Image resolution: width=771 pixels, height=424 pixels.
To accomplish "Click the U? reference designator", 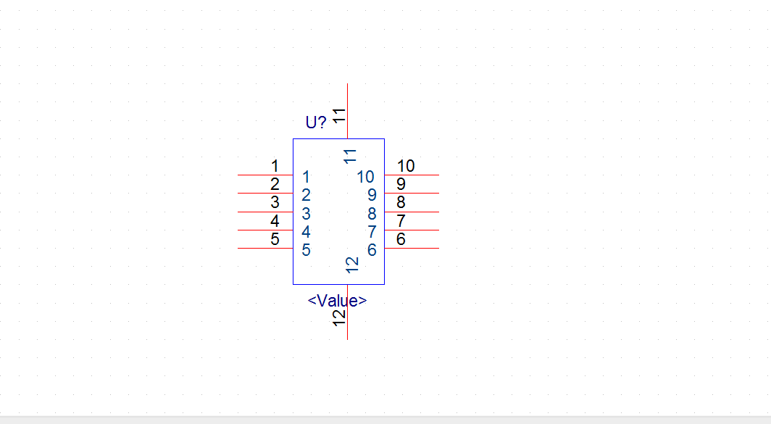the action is [316, 122].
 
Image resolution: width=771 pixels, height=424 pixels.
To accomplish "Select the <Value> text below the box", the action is [338, 300].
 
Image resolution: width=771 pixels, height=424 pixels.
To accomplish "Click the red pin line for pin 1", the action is [265, 175].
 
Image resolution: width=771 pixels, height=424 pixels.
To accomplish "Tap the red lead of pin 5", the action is [265, 248].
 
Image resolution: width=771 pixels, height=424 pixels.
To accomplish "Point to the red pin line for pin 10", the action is [412, 175].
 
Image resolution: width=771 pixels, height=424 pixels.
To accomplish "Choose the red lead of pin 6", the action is [412, 248].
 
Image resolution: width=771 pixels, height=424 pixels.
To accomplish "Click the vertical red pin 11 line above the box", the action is [348, 111].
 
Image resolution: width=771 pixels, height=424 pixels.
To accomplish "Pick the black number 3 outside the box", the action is [275, 202].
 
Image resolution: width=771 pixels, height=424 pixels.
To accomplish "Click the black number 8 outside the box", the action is [401, 202].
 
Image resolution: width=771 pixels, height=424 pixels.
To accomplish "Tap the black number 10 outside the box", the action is [406, 166].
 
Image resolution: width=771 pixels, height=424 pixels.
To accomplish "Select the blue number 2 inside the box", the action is [306, 195].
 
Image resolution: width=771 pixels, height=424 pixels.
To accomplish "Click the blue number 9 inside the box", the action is [372, 195].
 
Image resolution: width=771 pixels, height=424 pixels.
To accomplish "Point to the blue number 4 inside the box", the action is [306, 232].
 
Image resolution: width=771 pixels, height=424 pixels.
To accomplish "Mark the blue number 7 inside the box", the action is [372, 232].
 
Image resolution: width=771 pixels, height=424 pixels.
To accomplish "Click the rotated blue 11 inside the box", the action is [349, 157].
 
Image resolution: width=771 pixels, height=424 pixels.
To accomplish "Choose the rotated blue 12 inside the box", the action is [352, 265].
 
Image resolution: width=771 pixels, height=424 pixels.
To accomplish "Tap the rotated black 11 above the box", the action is [339, 116].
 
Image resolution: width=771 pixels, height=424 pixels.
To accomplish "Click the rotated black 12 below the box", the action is [339, 317].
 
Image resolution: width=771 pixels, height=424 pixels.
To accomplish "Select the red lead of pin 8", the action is [412, 212].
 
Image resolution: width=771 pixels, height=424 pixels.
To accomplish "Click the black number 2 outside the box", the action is [275, 184].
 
